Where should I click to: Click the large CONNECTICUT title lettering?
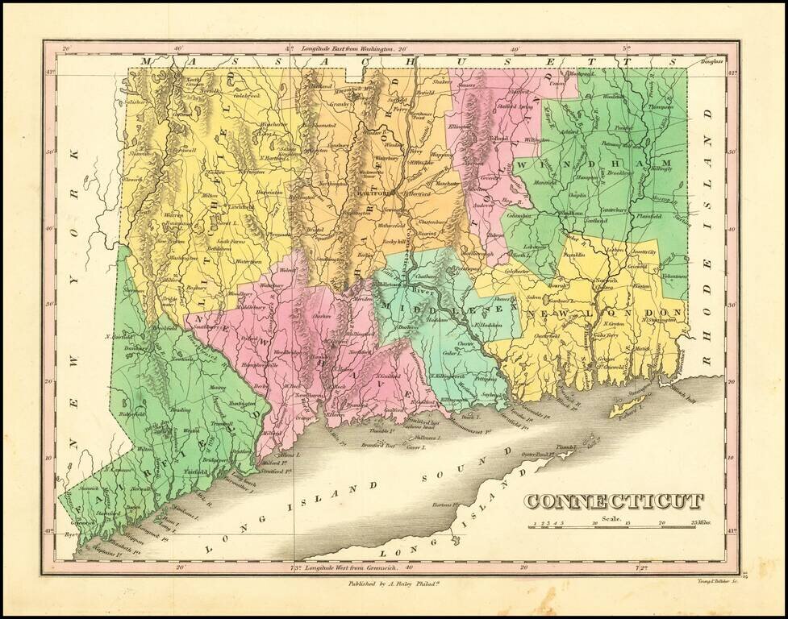pos(614,503)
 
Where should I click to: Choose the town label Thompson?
pos(660,106)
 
